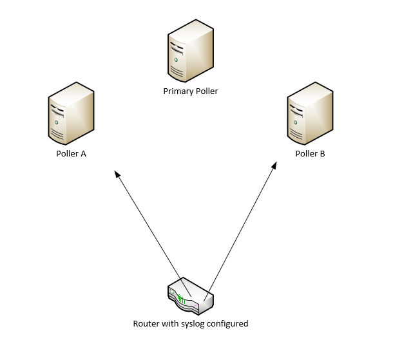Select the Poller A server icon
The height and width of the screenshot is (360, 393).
point(71,114)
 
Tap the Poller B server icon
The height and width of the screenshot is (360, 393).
point(310,114)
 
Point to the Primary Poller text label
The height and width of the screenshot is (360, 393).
point(190,91)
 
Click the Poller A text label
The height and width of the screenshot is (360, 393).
point(71,154)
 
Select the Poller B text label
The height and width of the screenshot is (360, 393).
point(310,154)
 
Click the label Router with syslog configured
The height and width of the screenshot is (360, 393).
point(190,323)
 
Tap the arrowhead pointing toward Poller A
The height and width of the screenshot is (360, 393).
point(117,174)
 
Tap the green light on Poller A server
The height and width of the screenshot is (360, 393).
point(57,122)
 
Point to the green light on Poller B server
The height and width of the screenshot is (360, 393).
point(296,122)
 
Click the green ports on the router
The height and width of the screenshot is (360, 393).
point(182,299)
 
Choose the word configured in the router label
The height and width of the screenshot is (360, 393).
point(228,323)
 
